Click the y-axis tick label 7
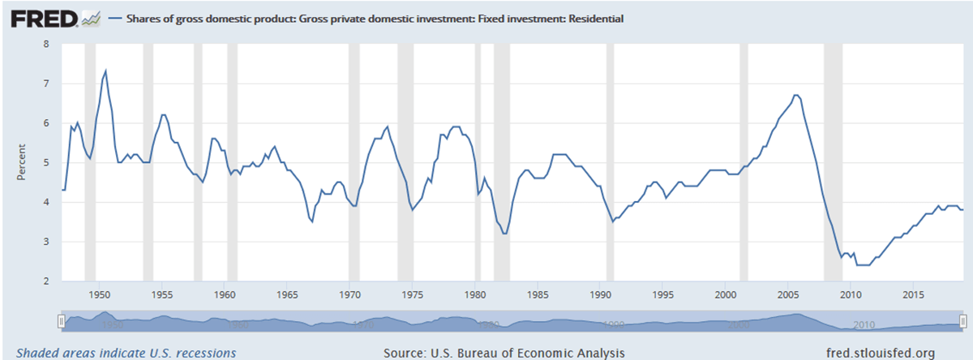pos(47,84)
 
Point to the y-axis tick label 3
pos(47,242)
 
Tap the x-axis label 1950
pos(100,294)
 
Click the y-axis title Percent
pos(22,162)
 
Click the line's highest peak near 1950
pos(105,71)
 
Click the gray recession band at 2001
pos(744,162)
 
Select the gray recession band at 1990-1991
pos(610,162)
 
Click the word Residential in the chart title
pos(594,17)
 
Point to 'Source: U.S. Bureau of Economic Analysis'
pos(504,353)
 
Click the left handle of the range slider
pos(62,322)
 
